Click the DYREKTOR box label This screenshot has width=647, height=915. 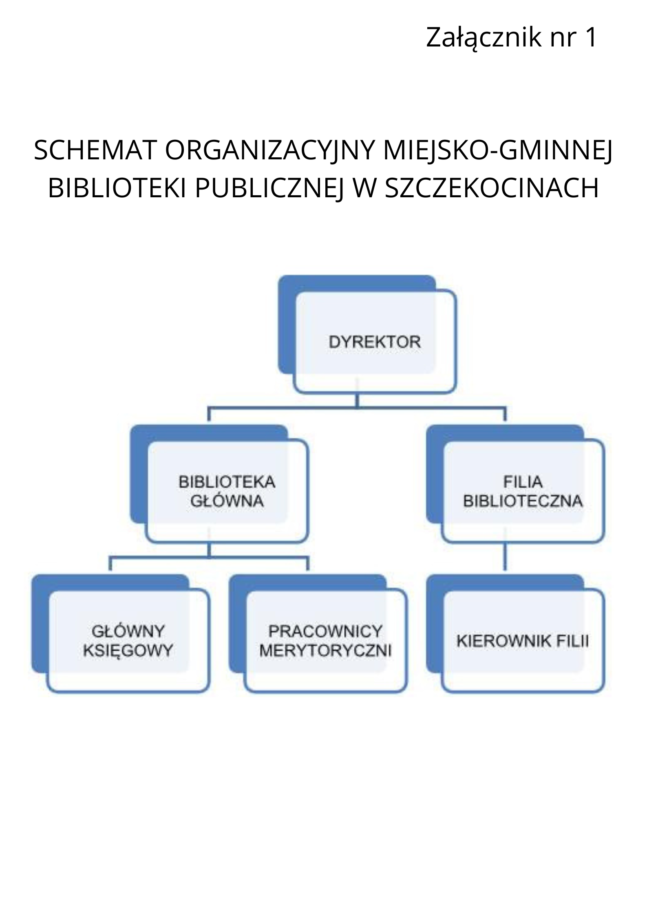374,342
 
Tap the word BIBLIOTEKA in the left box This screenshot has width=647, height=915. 227,483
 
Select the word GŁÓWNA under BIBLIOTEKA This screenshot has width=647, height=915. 227,501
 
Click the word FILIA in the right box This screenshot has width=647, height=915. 523,483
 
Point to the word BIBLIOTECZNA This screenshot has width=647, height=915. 523,501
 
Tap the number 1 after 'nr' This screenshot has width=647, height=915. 590,37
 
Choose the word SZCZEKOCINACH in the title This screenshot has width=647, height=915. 492,188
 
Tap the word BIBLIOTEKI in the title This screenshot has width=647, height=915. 118,188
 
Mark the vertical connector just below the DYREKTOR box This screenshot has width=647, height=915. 357,400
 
